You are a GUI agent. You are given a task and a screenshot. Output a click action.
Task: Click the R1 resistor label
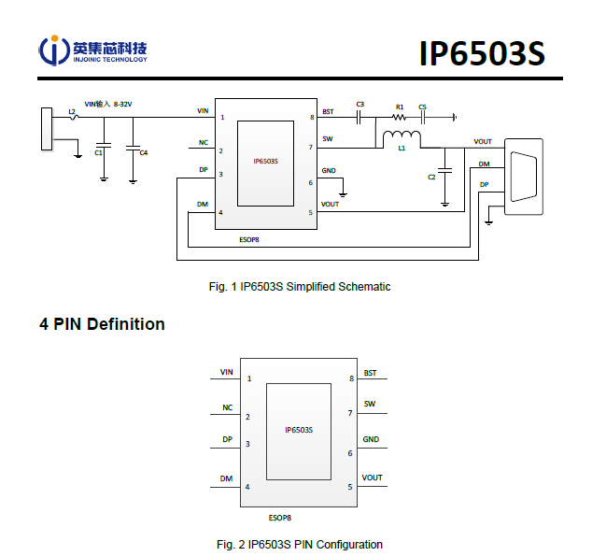click(x=400, y=107)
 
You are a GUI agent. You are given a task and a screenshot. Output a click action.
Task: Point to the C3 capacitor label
click(x=359, y=104)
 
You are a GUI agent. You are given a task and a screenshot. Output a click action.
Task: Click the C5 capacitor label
click(x=423, y=107)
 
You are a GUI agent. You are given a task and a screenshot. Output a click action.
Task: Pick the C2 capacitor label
click(x=431, y=177)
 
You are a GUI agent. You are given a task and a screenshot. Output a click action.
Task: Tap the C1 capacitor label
click(x=99, y=152)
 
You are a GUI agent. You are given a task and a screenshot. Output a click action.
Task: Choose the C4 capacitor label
click(x=144, y=152)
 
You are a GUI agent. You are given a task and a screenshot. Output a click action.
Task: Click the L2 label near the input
click(x=72, y=111)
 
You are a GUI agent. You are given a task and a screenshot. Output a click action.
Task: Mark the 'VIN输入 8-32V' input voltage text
click(x=108, y=104)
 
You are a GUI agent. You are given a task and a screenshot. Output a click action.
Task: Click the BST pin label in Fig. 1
click(x=328, y=111)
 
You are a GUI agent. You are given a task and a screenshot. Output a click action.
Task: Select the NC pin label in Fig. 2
click(x=227, y=407)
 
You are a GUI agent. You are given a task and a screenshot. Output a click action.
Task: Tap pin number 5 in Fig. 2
click(x=350, y=487)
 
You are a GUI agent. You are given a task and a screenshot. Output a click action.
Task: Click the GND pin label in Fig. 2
click(x=371, y=439)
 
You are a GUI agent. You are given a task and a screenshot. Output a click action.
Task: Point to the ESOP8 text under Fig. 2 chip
click(x=280, y=517)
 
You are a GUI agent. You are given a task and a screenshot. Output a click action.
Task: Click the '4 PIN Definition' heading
click(x=102, y=324)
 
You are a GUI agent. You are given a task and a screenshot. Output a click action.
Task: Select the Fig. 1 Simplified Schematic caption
click(x=299, y=287)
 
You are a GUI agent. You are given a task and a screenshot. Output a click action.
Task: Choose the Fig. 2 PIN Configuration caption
click(x=299, y=544)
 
